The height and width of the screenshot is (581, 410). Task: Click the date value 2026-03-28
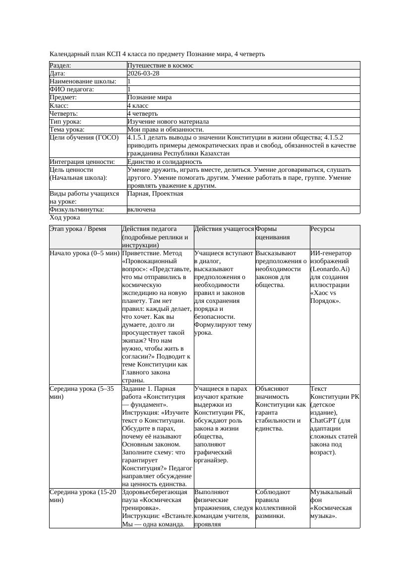tap(143, 73)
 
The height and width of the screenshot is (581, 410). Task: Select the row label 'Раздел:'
tap(60, 66)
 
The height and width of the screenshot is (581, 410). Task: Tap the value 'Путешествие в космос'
tap(160, 66)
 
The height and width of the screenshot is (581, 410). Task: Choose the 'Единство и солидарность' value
tap(165, 162)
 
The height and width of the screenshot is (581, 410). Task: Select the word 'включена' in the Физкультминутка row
tap(141, 210)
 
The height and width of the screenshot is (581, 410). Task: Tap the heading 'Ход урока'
tap(65, 218)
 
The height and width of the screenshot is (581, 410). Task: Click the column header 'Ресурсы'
tap(322, 229)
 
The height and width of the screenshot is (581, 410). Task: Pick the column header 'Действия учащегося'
tap(224, 229)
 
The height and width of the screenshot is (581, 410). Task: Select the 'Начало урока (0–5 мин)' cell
tap(84, 253)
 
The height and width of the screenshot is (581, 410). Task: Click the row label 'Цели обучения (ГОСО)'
tap(84, 138)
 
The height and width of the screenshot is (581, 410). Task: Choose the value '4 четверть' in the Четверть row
tap(142, 114)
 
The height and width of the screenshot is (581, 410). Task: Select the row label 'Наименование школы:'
tap(83, 81)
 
